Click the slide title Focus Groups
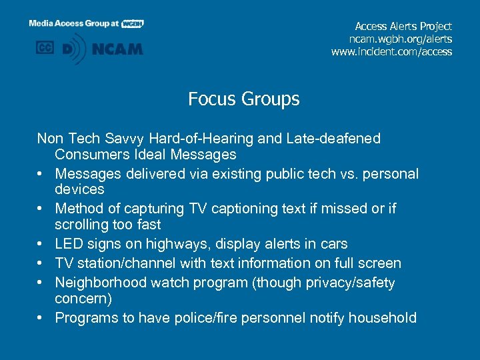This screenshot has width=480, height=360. click(243, 99)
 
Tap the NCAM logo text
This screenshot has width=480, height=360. click(118, 49)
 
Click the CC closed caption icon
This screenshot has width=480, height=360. click(45, 48)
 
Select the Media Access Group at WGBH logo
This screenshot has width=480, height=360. click(86, 23)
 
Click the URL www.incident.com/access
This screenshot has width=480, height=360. click(391, 51)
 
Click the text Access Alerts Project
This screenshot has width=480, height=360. click(403, 26)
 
